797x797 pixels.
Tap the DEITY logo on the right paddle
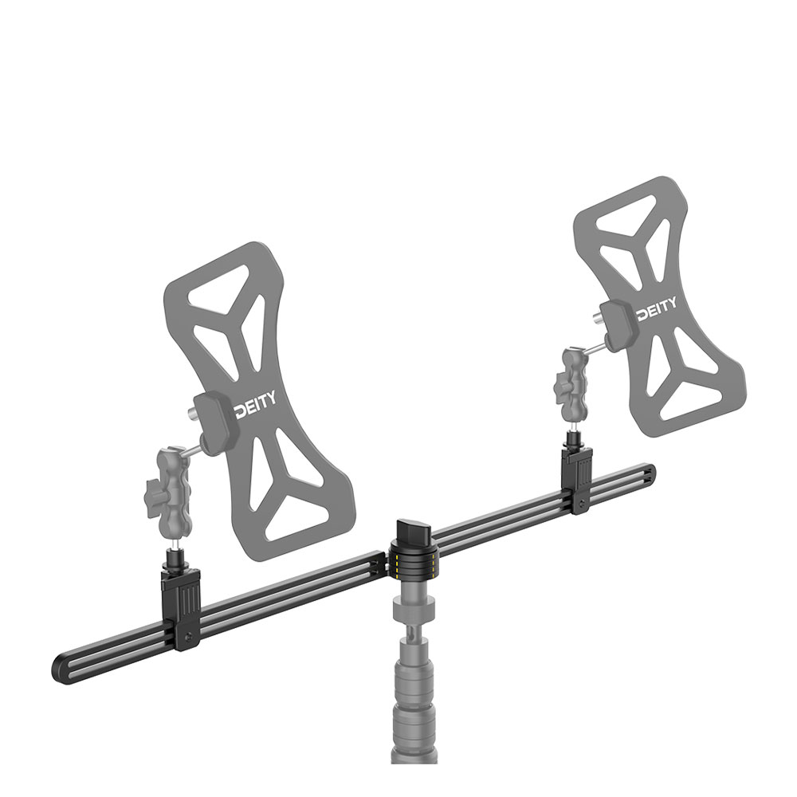click(658, 304)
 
